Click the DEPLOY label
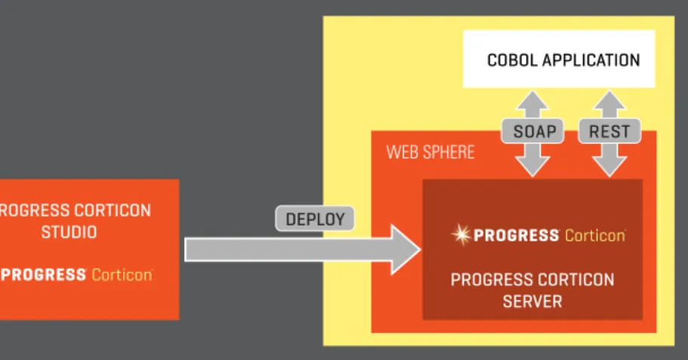point(315,219)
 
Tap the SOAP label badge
point(533,131)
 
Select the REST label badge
point(610,131)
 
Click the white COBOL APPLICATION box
point(559,59)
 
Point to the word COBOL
point(512,60)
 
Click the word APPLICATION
point(591,60)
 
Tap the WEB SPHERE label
point(430,152)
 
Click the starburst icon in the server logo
point(461,235)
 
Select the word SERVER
point(533,302)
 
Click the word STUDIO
point(69,232)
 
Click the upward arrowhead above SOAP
point(533,100)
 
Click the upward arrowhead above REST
point(610,100)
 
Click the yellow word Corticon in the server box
point(595,235)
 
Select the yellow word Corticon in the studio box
point(122,275)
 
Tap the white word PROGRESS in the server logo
point(516,235)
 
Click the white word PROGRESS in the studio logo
point(43,275)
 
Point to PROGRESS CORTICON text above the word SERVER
point(533,280)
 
